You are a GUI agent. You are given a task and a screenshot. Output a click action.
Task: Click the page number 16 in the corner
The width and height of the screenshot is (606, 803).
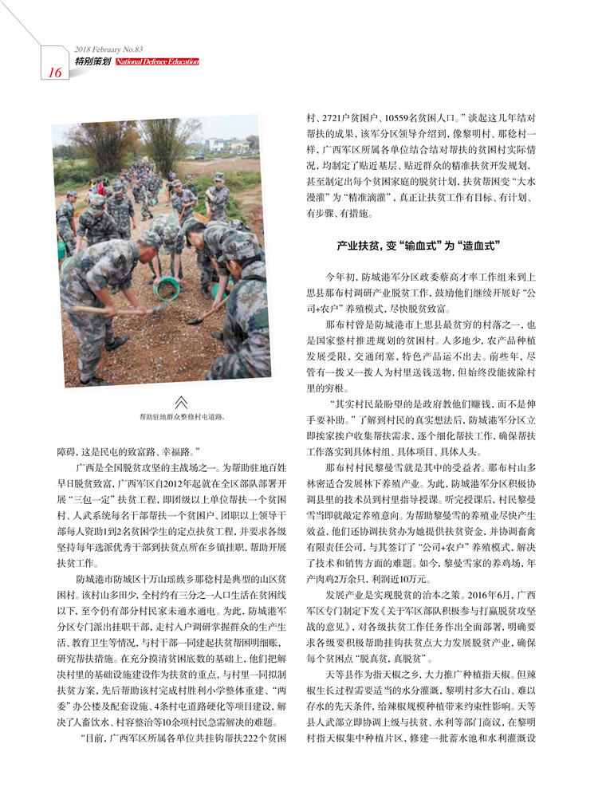click(x=55, y=73)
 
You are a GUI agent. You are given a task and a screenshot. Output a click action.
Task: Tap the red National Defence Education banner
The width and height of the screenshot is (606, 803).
click(x=156, y=61)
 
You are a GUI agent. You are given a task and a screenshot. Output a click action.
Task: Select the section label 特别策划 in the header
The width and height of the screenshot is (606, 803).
click(x=92, y=61)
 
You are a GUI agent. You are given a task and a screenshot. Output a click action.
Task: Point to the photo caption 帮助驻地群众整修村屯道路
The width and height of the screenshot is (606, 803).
click(x=181, y=416)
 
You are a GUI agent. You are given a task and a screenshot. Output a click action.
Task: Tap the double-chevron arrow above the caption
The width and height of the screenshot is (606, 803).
click(x=181, y=401)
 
